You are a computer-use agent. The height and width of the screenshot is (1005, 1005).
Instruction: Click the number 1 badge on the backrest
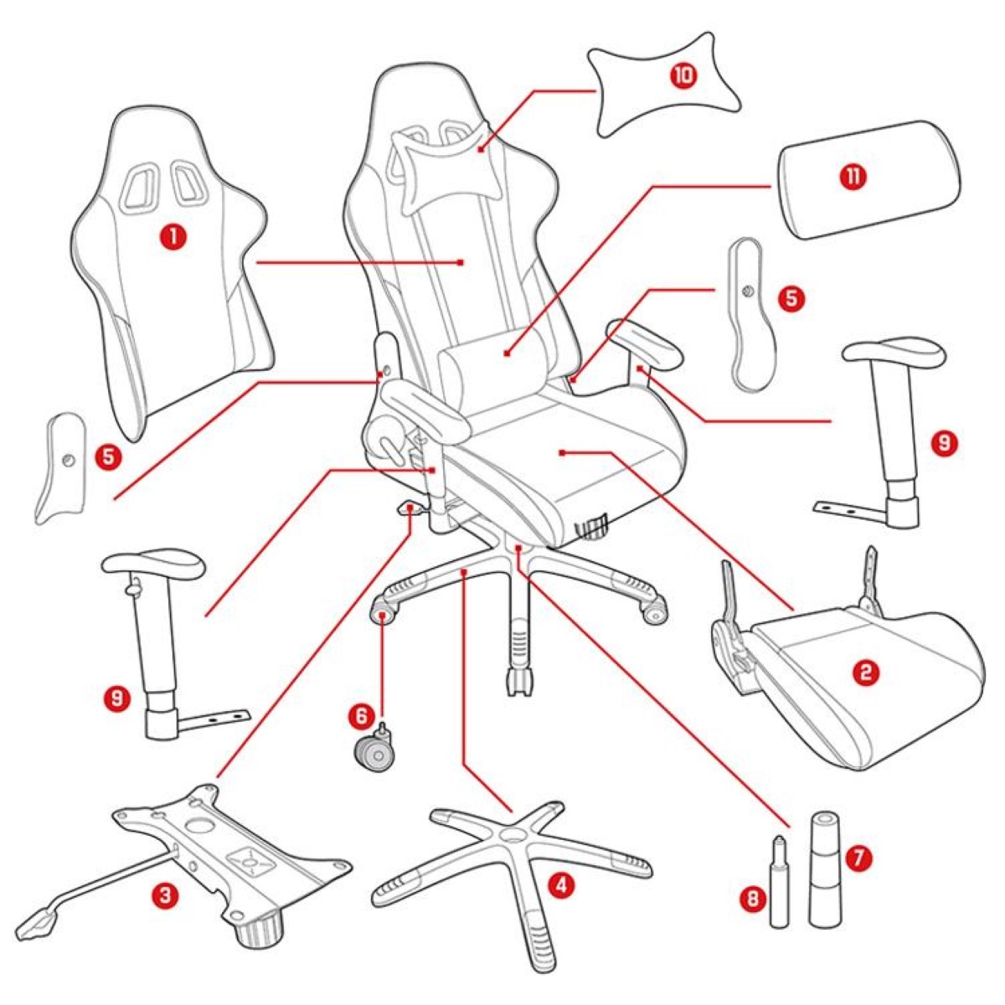coord(173,237)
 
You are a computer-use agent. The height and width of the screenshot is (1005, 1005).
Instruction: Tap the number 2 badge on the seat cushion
coord(866,672)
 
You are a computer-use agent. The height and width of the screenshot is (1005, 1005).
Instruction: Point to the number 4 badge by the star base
coord(561,884)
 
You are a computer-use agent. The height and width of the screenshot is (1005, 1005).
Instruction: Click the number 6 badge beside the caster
coord(361,715)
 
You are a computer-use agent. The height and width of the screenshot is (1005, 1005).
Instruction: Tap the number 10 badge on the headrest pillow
coord(683,75)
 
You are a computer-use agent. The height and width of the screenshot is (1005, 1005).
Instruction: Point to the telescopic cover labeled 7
coord(822,871)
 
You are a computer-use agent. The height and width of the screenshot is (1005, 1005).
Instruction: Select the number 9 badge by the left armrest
coord(118,697)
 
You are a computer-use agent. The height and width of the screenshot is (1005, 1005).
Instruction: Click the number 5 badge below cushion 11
coord(792,298)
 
